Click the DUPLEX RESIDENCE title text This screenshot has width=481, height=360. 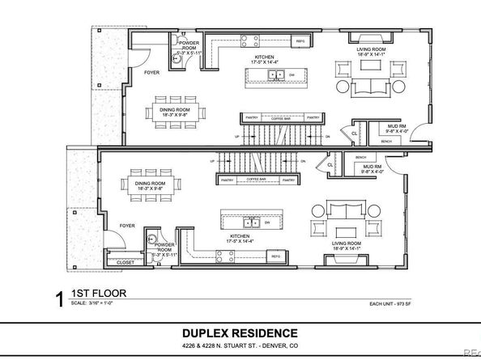click(239, 332)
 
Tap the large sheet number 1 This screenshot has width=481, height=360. click(58, 300)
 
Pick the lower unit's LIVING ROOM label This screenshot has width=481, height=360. click(348, 244)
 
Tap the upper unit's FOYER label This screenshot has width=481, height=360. click(151, 73)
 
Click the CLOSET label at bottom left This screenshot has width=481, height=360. click(126, 263)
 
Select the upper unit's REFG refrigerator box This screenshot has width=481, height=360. click(299, 40)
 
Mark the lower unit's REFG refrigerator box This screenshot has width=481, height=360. click(275, 256)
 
